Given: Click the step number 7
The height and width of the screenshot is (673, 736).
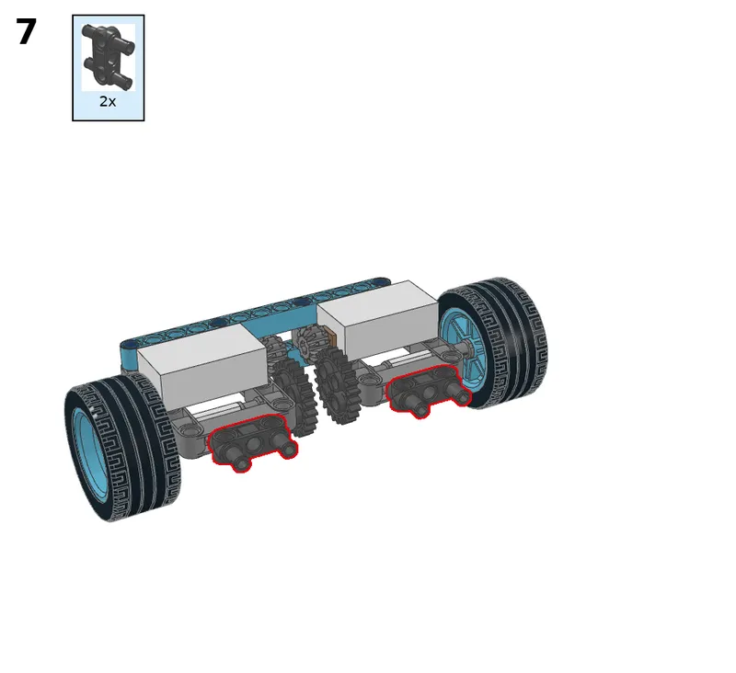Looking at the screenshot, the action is [x=27, y=31].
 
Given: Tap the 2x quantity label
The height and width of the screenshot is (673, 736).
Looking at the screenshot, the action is [x=108, y=101].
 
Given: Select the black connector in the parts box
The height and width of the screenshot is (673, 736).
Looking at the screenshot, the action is [x=108, y=56].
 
